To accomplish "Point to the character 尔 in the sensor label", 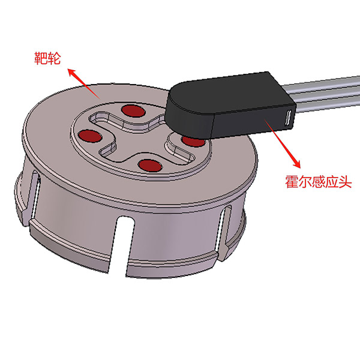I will pyautogui.click(x=306, y=182).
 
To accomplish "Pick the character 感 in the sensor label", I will pyautogui.click(x=320, y=182).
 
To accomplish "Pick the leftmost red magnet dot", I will pyautogui.click(x=89, y=136).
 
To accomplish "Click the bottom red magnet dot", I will pyautogui.click(x=149, y=165).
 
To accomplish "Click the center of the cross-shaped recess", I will pyautogui.click(x=139, y=137).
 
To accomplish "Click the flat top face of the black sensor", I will pyautogui.click(x=222, y=93).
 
